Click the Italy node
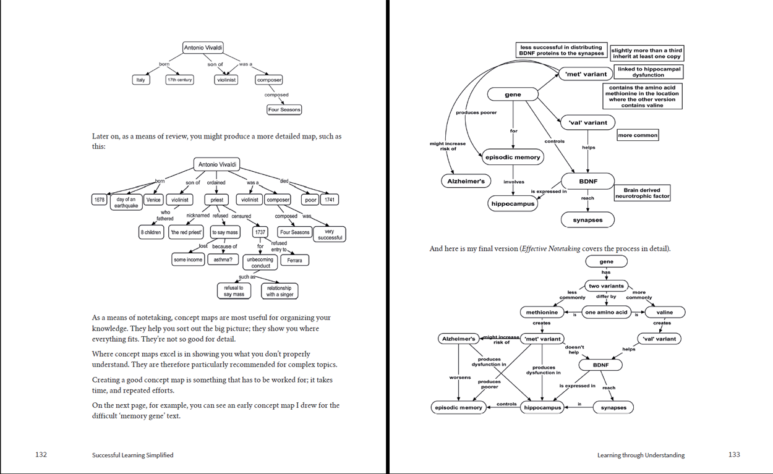tap(141, 80)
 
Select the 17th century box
tap(179, 80)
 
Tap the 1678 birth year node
tap(100, 200)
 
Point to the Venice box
tap(153, 200)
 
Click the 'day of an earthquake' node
tap(126, 202)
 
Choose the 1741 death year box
tap(330, 200)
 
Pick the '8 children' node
tap(151, 232)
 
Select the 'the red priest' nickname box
tap(187, 232)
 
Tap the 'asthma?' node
tap(223, 260)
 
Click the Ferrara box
tap(295, 260)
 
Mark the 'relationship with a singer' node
tap(279, 291)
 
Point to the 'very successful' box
tap(330, 234)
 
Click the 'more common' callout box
tap(638, 135)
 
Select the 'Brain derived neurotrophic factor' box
tap(642, 193)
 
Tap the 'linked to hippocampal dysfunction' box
tap(648, 72)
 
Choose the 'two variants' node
tap(607, 286)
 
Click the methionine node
tap(542, 312)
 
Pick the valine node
tap(665, 312)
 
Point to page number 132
tap(41, 455)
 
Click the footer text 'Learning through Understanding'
tap(641, 455)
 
